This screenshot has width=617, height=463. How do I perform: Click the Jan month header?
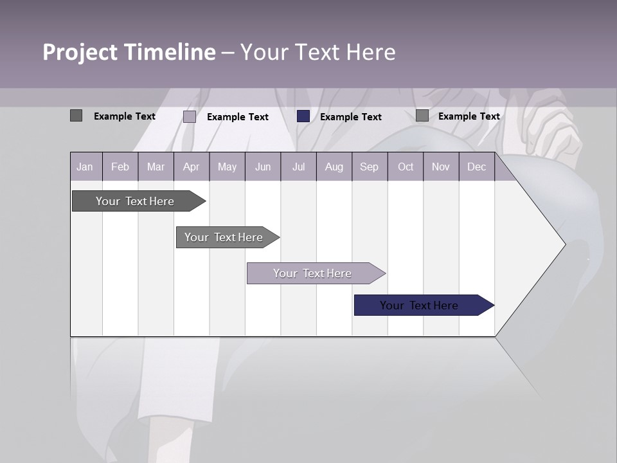85,167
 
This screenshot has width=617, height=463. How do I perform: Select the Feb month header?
120,167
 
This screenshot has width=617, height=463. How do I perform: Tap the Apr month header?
191,167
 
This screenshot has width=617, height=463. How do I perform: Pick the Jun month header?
263,167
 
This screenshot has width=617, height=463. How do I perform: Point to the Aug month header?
334,167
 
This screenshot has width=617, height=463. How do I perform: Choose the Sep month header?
369,167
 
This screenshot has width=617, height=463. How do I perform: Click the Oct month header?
406,167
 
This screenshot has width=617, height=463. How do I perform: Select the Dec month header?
476,167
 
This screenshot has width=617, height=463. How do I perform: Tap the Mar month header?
156,167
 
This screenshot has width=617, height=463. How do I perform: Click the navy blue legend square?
303,116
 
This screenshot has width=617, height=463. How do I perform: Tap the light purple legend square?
190,116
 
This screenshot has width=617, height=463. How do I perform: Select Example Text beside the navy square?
351,117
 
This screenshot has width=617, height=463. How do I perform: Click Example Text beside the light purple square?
238,117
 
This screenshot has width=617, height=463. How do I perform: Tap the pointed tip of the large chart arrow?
564,244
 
